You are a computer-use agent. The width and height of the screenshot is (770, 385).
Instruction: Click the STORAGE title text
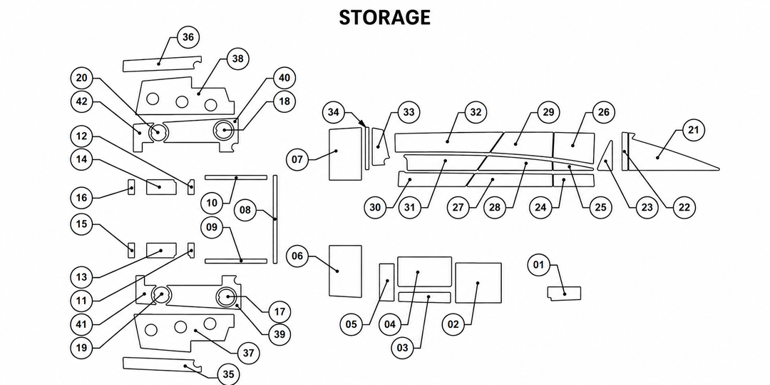point(384,18)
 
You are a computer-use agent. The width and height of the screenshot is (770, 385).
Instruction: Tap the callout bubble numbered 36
point(188,37)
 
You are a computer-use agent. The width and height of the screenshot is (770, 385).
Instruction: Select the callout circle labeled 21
point(694,130)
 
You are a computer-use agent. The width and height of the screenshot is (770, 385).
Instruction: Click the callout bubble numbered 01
point(539,266)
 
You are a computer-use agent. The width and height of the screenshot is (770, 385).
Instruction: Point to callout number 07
point(297,160)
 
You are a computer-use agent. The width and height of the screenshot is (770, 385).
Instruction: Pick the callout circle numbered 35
point(228,374)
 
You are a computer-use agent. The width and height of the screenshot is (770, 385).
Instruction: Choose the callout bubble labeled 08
point(245,211)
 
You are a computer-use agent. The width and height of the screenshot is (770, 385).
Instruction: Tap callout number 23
point(647,207)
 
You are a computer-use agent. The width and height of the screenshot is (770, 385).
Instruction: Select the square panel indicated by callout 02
point(478,283)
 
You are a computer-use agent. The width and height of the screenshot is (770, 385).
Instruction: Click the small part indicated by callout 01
point(564,294)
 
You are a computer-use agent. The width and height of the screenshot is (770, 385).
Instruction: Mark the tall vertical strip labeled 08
point(275,219)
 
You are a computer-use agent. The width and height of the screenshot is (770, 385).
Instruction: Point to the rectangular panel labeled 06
point(345,271)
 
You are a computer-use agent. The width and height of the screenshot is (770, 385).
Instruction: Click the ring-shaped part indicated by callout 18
point(225,130)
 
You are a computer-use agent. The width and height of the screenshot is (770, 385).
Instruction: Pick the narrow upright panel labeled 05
point(386,282)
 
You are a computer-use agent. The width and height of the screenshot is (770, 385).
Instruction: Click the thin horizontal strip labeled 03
point(424,297)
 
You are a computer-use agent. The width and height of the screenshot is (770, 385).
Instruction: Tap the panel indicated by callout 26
point(573,144)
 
